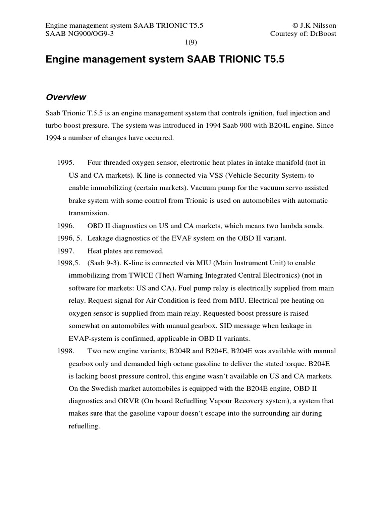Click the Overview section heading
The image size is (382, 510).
(x=66, y=97)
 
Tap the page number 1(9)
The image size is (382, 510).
(x=191, y=43)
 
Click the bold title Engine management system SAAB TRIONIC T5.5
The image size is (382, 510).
(x=167, y=60)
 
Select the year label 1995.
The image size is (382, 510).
(x=66, y=163)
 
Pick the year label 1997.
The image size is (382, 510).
(x=66, y=251)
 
